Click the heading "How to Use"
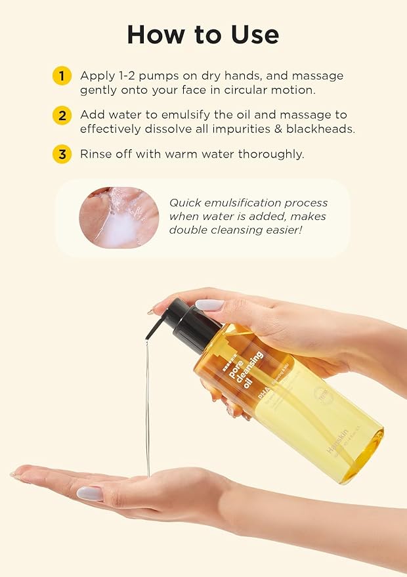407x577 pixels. click(203, 34)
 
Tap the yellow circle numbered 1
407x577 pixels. click(62, 76)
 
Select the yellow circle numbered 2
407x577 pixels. click(62, 116)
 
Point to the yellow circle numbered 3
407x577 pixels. click(62, 155)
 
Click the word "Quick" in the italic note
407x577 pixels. click(184, 203)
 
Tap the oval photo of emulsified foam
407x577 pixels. click(119, 217)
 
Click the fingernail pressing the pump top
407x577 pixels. click(209, 305)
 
